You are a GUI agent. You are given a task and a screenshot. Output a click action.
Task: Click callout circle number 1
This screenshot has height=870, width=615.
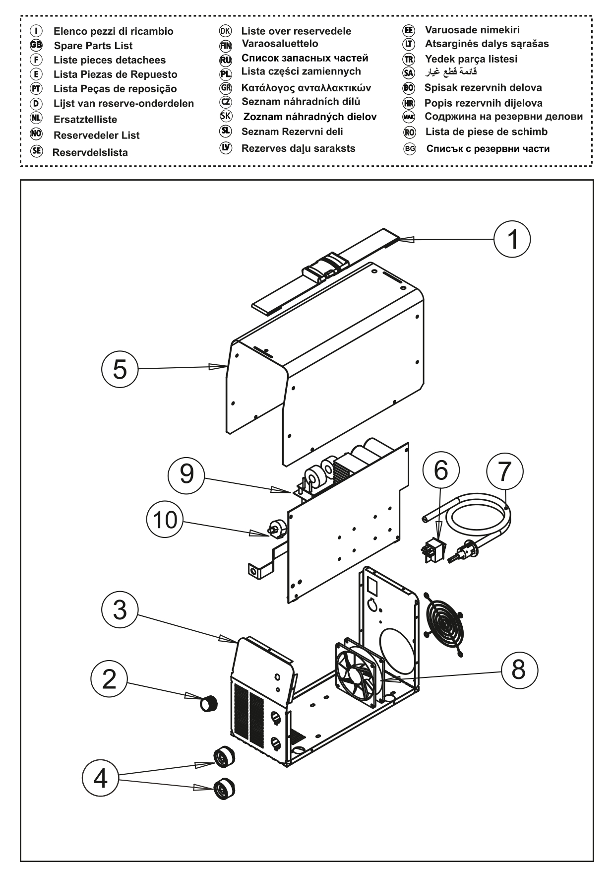point(512,239)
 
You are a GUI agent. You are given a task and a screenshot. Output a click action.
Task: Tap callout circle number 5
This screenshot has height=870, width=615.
point(120,369)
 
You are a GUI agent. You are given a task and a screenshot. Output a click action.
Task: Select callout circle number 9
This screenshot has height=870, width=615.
point(186,474)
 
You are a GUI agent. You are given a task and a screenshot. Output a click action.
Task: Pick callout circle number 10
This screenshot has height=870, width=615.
point(165,520)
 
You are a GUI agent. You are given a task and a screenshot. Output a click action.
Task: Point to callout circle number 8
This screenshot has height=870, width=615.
point(518,670)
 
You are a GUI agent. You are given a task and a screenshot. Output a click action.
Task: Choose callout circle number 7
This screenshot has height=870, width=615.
point(504,471)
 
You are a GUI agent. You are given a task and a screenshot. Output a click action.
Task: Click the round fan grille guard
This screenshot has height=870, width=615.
point(444,622)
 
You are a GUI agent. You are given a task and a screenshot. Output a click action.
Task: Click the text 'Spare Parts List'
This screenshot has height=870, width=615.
point(93,46)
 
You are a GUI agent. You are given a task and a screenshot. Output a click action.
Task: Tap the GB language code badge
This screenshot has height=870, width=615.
point(36,46)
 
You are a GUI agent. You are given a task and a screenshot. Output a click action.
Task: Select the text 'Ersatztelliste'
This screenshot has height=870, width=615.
point(85,120)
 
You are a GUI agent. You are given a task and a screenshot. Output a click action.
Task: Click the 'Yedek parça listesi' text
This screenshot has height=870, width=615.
point(471,59)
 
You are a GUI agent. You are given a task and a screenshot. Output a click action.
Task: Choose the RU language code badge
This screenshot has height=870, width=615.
point(226,60)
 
